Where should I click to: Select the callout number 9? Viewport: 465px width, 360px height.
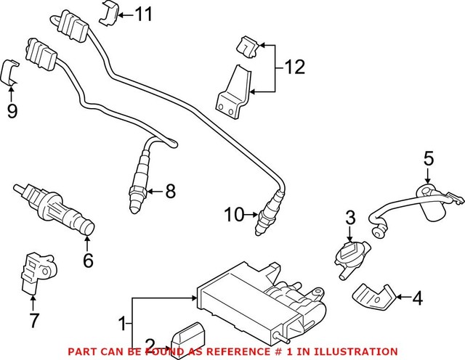[x=12, y=112]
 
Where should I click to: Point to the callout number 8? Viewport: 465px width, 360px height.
[x=170, y=192]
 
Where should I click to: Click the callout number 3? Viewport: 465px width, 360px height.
[x=349, y=217]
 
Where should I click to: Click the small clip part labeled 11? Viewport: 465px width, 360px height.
[x=109, y=12]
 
